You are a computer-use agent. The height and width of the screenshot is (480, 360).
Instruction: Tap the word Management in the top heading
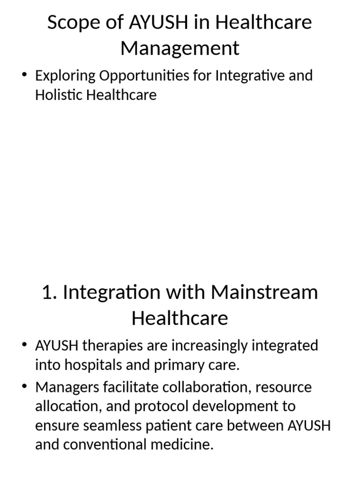(x=180, y=48)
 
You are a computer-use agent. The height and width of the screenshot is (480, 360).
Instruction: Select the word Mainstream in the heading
(x=264, y=292)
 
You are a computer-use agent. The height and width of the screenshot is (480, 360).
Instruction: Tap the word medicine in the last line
(x=184, y=445)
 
